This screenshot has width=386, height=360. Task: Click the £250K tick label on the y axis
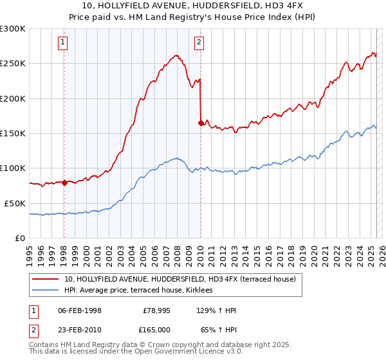13,64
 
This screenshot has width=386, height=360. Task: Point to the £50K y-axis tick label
15,203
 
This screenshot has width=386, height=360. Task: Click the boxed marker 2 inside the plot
199,43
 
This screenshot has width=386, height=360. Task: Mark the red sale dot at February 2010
201,123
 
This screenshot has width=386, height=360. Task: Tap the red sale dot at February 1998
64,183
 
